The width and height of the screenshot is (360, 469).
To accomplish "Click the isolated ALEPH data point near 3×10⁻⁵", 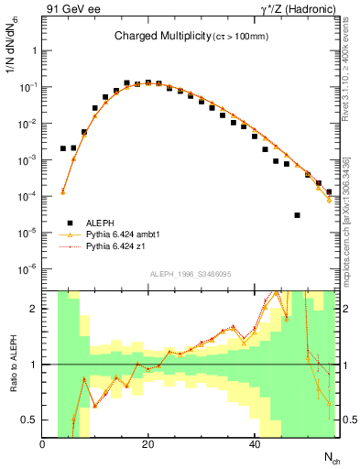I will click(x=298, y=215).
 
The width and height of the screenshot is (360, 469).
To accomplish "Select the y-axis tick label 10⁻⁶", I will click(x=27, y=269).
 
